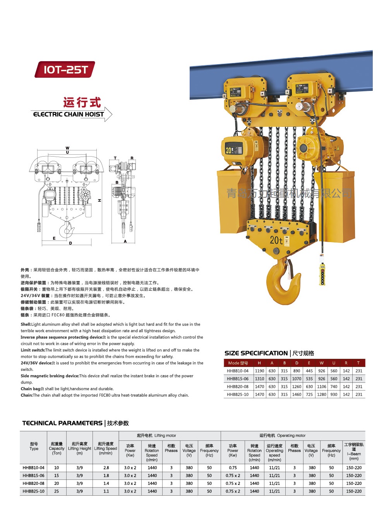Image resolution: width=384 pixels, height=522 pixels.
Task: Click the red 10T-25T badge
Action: [65, 70]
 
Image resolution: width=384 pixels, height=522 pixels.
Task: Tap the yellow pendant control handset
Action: [322, 274]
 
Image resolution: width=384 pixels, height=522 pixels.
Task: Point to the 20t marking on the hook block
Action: [276, 240]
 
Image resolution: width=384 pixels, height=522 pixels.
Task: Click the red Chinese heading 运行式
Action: [82, 102]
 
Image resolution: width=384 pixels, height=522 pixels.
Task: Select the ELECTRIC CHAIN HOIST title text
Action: [69, 114]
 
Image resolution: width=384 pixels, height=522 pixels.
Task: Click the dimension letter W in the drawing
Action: [67, 148]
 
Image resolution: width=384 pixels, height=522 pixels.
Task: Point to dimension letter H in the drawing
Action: [99, 200]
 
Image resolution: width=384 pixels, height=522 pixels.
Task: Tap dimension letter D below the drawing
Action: [70, 243]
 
